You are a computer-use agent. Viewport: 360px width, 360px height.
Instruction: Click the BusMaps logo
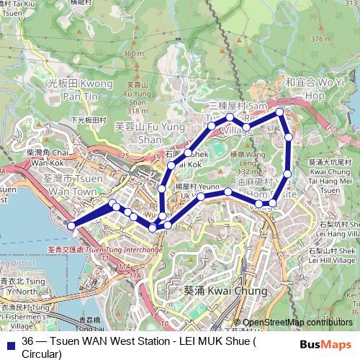click(325, 345)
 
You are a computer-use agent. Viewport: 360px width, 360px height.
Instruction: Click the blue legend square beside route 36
click(9, 341)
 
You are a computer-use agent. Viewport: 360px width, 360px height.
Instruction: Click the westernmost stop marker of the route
click(71, 226)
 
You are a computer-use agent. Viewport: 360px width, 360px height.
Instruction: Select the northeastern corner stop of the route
click(279, 112)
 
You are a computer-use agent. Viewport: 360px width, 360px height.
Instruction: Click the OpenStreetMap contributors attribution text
click(297, 323)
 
